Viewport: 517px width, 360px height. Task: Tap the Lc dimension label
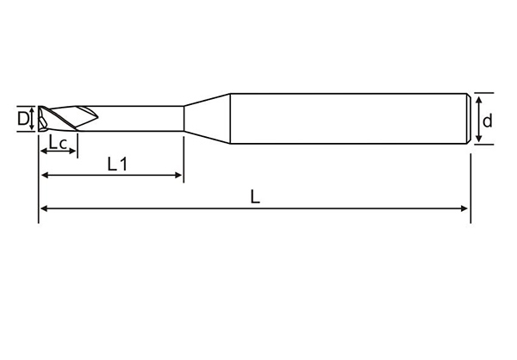pos(59,142)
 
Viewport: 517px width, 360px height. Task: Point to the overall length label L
pos(255,196)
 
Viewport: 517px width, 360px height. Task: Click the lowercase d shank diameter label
pos(488,121)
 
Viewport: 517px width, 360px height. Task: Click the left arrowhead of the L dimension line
pos(43,208)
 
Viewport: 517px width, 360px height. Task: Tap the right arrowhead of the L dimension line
pos(465,208)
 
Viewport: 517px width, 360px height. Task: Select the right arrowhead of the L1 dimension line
pos(178,176)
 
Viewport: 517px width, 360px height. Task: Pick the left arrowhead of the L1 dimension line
pos(44,176)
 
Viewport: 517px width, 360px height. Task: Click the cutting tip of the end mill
pos(41,119)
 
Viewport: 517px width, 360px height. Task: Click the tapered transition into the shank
pos(207,118)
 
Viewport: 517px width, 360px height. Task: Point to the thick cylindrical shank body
pos(345,118)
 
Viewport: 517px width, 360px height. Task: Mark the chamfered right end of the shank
pos(468,118)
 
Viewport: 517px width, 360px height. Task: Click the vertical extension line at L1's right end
pos(184,155)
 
